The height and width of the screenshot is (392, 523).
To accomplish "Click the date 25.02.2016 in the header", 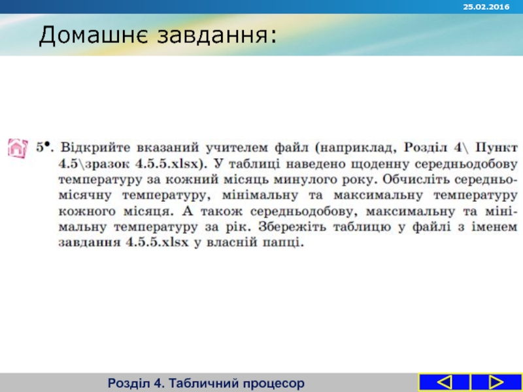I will [x=486, y=6].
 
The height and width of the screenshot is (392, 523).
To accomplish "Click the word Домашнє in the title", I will [x=93, y=36].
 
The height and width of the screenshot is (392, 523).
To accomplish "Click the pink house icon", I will [x=16, y=148].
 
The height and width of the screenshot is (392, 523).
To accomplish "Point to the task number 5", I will [x=42, y=145].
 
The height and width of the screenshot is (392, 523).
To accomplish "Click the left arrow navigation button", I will [x=444, y=382].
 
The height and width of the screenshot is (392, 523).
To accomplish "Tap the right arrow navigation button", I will [x=496, y=382].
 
